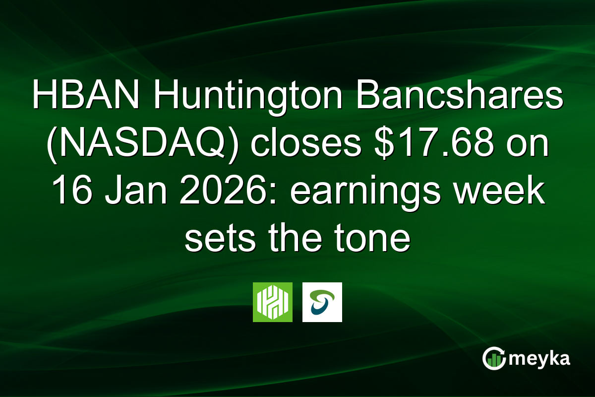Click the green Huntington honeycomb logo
(x=273, y=302)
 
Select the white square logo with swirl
(x=322, y=302)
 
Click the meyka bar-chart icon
(x=494, y=359)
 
